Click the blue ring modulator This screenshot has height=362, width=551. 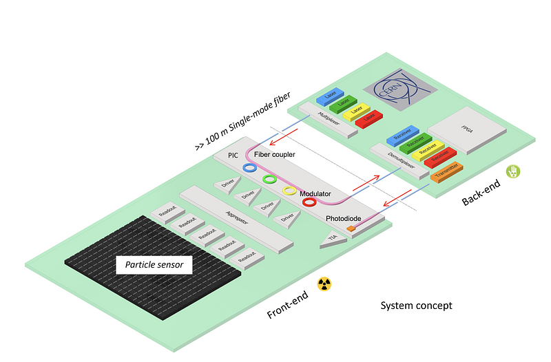click(249, 167)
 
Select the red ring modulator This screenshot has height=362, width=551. click(309, 202)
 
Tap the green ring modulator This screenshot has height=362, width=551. click(270, 179)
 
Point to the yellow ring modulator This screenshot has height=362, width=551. click(290, 191)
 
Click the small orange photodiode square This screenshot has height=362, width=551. click(350, 228)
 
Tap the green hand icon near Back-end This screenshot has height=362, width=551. click(512, 171)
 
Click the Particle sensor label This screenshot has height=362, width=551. click(154, 264)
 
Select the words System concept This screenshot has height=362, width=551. click(417, 305)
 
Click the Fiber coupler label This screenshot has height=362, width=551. click(274, 154)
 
